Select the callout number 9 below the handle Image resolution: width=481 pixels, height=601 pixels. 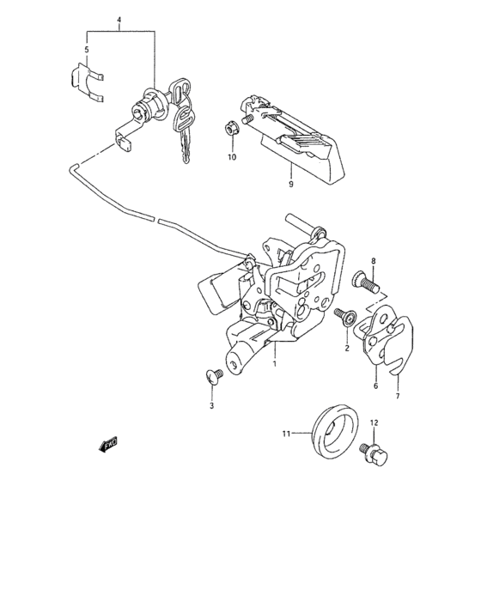click(291, 183)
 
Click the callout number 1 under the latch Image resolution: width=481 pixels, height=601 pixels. click(274, 364)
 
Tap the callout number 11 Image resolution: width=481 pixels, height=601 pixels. click(288, 434)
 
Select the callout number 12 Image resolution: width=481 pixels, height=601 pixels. click(374, 422)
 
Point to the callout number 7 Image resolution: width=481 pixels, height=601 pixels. click(397, 396)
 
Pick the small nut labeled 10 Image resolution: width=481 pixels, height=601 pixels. click(231, 130)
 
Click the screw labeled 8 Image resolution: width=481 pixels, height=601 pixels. click(366, 282)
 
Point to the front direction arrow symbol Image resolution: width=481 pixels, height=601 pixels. click(109, 443)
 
